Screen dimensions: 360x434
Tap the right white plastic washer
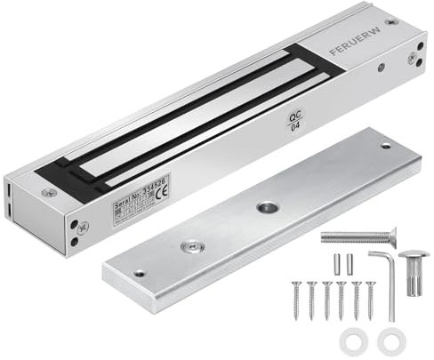[x=391, y=340]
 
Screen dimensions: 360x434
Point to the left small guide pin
[x=337, y=264]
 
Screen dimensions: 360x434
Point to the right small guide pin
[x=350, y=264]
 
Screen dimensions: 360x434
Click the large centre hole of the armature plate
[x=267, y=207]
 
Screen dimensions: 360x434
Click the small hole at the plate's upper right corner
[x=385, y=145]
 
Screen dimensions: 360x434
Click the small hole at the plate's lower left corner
[x=139, y=273]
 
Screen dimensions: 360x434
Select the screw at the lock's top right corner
[x=390, y=20]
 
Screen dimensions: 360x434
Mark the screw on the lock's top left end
[x=49, y=192]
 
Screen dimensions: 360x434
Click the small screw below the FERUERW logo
[x=381, y=67]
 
